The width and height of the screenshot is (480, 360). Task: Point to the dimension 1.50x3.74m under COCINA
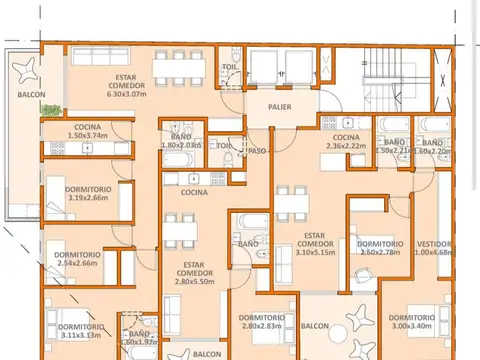click(x=87, y=136)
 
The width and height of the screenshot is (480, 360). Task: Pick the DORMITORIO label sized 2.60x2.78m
click(x=380, y=243)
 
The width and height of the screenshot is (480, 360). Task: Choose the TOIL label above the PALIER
click(x=229, y=68)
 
